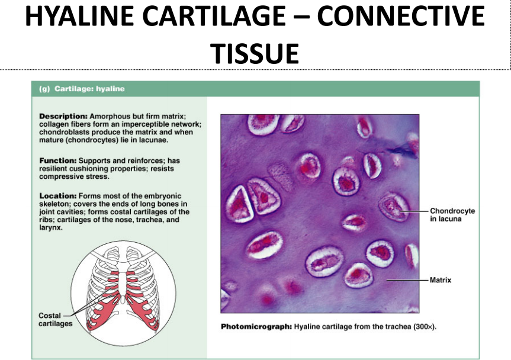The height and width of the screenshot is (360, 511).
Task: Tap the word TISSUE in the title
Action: click(256, 53)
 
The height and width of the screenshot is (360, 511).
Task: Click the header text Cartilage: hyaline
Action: click(89, 89)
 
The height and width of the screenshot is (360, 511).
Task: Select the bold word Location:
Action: click(58, 196)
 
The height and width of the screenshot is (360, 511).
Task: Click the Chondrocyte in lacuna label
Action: click(452, 215)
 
